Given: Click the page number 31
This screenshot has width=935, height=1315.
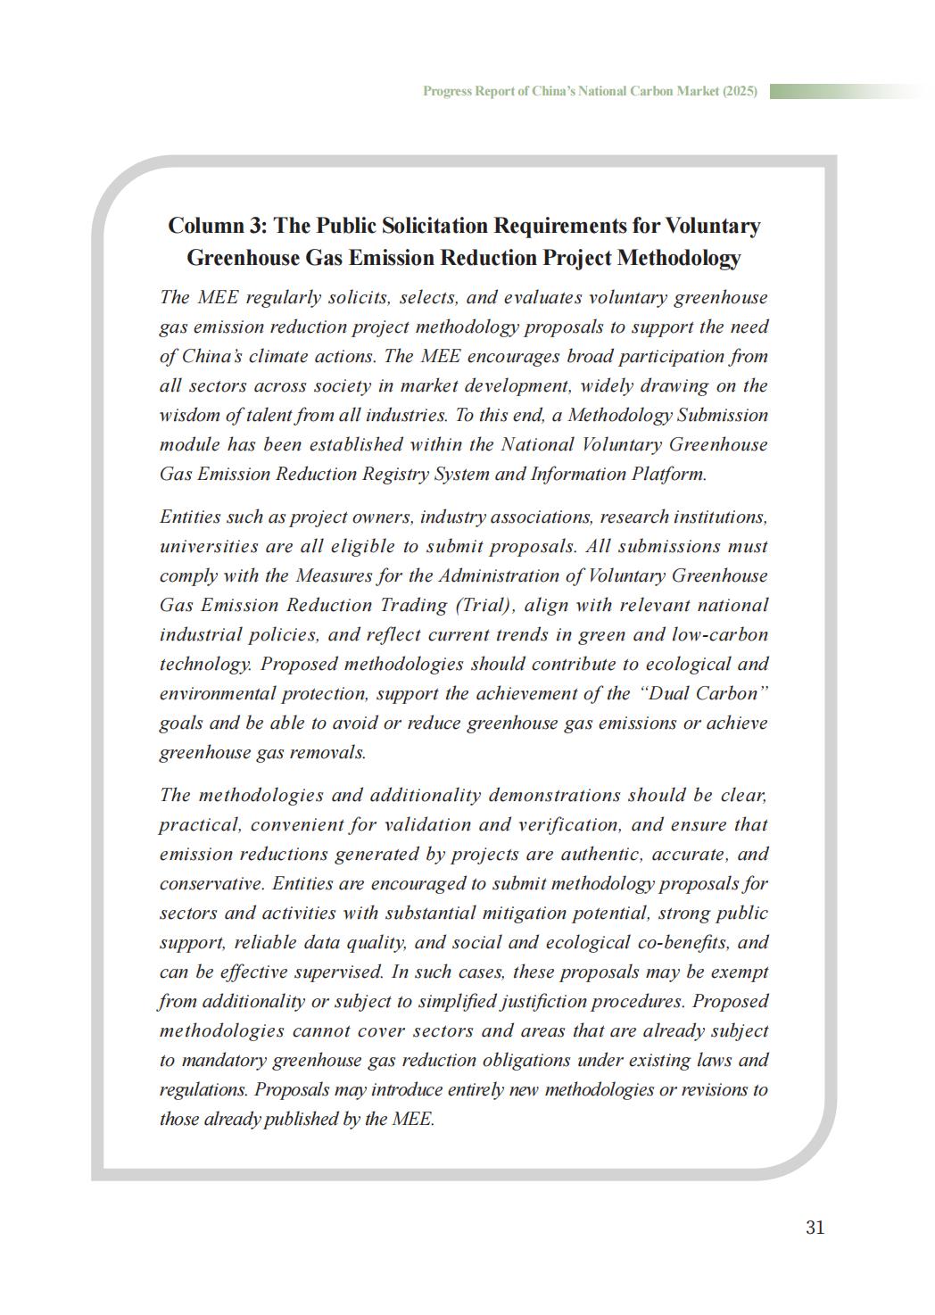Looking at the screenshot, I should [815, 1228].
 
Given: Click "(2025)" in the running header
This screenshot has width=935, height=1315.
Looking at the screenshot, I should [740, 91].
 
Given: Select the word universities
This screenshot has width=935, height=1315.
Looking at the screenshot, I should [207, 546].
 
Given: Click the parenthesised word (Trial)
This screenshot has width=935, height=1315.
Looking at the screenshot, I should [484, 605].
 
